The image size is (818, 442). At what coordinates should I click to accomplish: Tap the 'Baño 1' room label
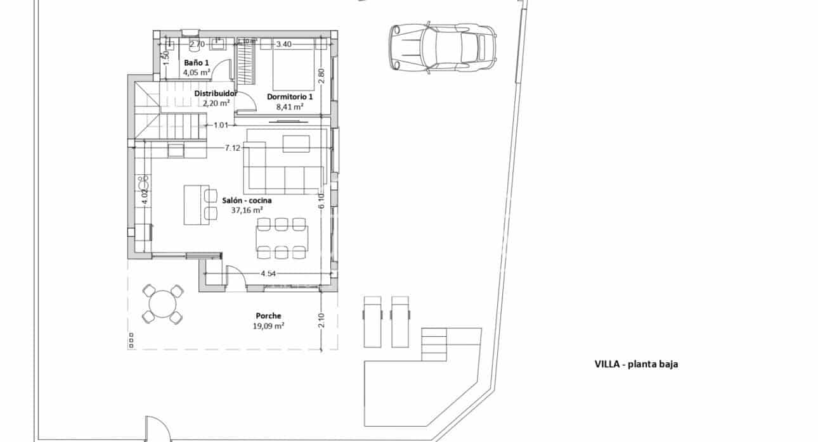click(x=196, y=63)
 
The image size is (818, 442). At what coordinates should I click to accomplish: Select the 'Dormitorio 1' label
click(x=290, y=97)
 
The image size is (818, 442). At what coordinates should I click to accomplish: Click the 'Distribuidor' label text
click(x=216, y=93)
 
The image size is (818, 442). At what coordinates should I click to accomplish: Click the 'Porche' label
click(x=268, y=315)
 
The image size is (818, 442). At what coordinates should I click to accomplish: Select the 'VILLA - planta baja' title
click(x=636, y=364)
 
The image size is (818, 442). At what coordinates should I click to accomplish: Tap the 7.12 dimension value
click(x=233, y=148)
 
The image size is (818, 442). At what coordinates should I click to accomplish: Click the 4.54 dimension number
click(x=269, y=274)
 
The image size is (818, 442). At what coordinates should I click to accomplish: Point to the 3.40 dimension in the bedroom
click(x=284, y=44)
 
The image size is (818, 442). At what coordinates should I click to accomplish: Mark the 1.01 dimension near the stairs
click(x=220, y=125)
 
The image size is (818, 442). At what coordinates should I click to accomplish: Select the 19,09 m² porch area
click(x=268, y=326)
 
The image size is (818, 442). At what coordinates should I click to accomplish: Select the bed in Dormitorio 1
click(x=294, y=66)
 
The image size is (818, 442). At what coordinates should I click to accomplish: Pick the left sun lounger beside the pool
click(x=372, y=321)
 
